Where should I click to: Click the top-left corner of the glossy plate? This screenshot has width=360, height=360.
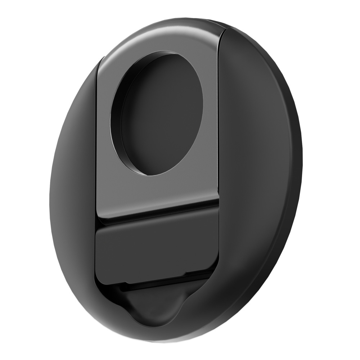102,59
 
